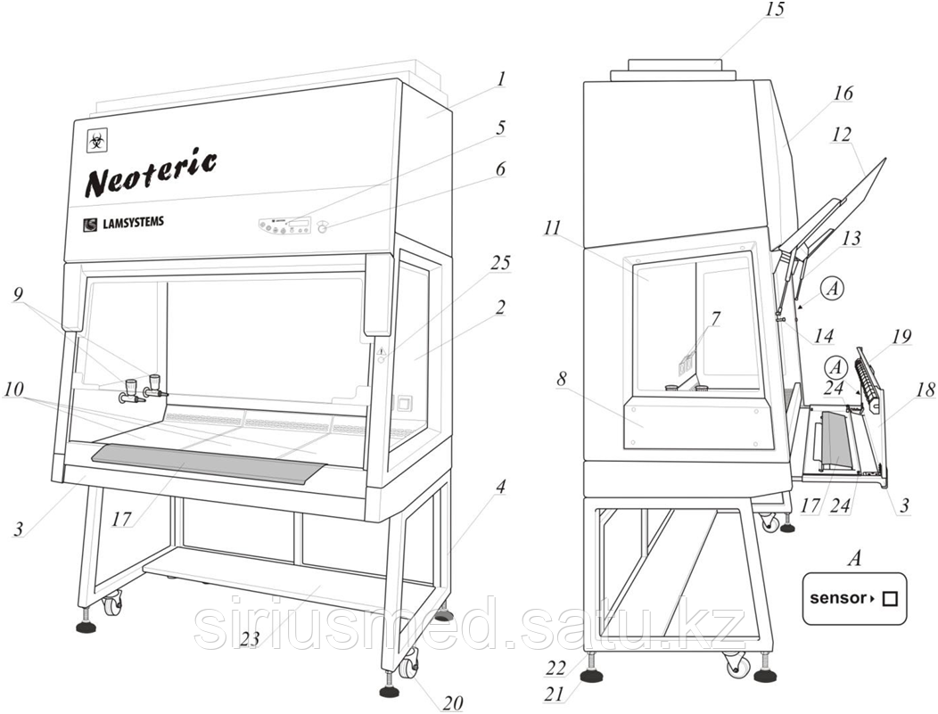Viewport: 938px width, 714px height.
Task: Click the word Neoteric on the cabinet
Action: click(150, 173)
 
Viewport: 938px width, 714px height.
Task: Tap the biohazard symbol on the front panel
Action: click(95, 140)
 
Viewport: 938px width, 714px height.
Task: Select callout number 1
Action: click(501, 79)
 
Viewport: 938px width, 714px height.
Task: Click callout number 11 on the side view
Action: click(552, 229)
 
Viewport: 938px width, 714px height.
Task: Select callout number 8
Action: click(562, 378)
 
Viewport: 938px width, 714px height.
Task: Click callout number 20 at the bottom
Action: click(453, 702)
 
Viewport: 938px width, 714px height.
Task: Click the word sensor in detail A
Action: click(836, 598)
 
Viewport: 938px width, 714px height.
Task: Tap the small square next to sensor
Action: click(888, 599)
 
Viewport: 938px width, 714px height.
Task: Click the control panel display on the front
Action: click(286, 225)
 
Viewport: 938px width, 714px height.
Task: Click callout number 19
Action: click(901, 336)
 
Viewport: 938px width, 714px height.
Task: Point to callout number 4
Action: click(500, 487)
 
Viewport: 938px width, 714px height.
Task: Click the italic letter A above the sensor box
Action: click(853, 559)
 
